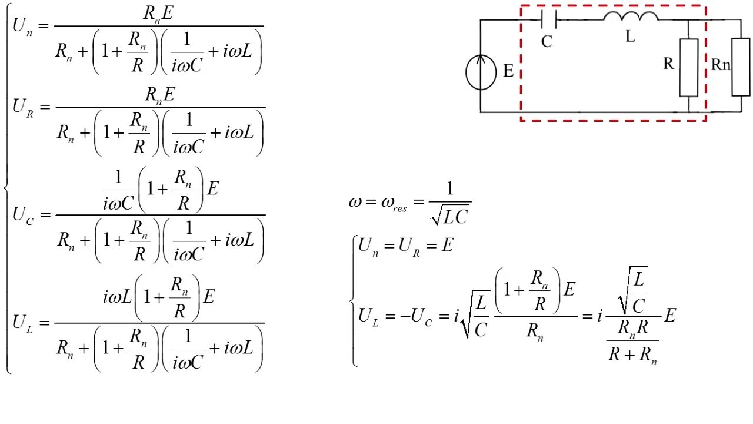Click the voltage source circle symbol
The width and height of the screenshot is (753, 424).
[x=481, y=72]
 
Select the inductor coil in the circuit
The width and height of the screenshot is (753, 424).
[x=631, y=16]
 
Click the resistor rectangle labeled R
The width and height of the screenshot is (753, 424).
[x=689, y=67]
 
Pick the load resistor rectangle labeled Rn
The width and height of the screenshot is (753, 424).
[x=741, y=67]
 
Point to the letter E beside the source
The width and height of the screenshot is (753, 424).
[x=508, y=71]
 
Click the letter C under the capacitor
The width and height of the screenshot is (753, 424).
[x=547, y=42]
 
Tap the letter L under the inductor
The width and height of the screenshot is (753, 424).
[x=630, y=37]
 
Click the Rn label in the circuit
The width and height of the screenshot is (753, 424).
[x=720, y=65]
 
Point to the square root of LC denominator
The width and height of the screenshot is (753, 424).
[x=450, y=216]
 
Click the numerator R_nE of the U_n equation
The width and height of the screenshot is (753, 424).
[x=159, y=13]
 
